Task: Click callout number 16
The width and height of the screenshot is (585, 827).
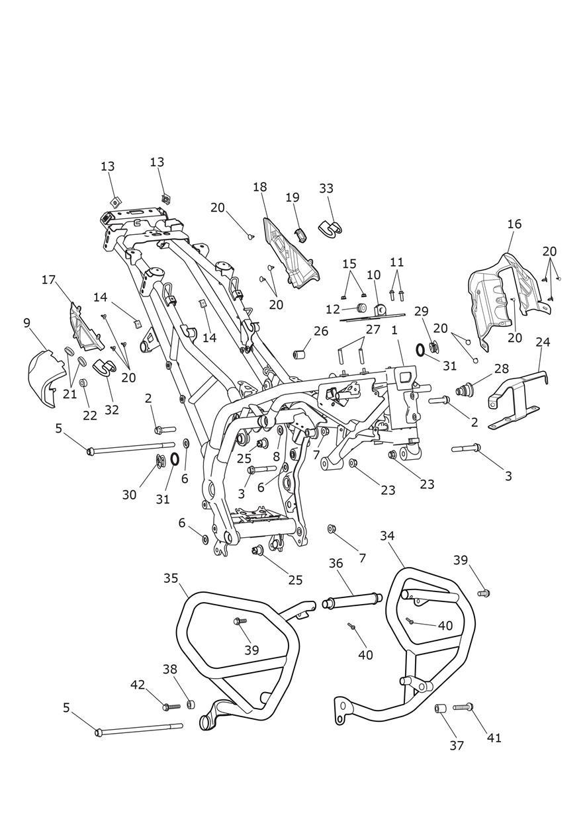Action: point(514,224)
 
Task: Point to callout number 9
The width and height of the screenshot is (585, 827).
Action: point(26,323)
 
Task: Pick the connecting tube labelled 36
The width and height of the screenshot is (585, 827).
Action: point(352,601)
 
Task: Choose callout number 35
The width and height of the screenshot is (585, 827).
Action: point(171,578)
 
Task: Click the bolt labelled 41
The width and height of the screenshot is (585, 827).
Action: point(464,707)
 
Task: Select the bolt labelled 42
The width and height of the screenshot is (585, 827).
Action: point(170,706)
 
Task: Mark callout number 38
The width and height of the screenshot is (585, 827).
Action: point(170,669)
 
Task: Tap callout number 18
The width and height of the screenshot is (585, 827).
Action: point(259,187)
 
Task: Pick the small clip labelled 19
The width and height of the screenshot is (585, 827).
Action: point(299,233)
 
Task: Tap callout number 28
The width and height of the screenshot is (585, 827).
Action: point(500,369)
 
